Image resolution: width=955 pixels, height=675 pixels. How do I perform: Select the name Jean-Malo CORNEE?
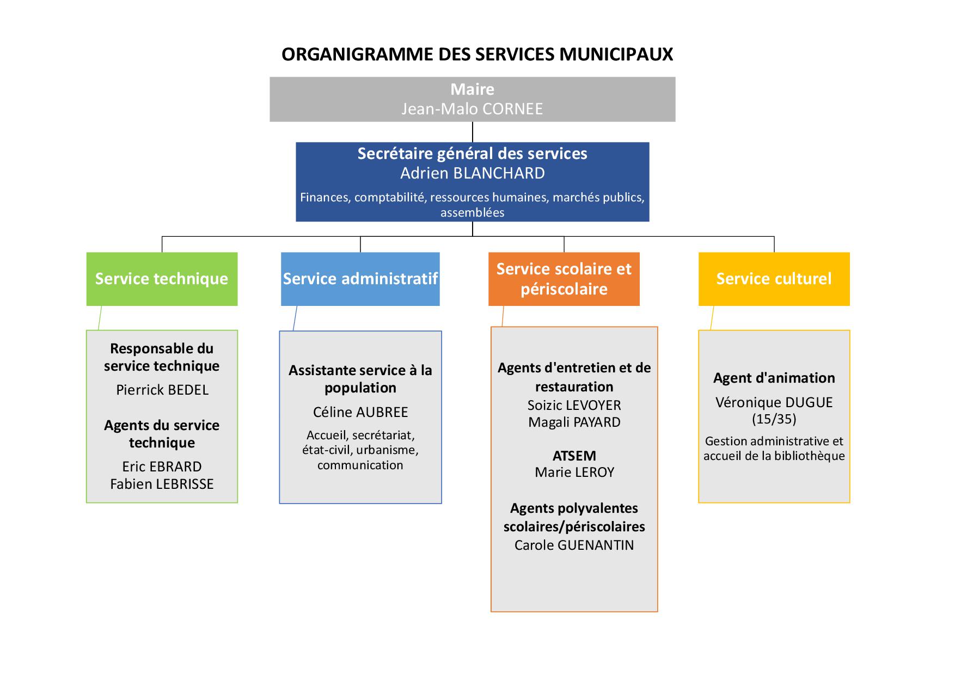click(472, 109)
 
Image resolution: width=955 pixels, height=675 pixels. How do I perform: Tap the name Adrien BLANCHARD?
click(472, 173)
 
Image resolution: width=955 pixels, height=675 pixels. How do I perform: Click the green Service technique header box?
click(162, 279)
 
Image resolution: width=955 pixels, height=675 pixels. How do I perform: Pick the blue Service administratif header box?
click(360, 279)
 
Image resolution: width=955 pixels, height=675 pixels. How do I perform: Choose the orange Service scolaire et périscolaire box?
click(564, 279)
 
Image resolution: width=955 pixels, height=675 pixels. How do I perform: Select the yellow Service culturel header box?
click(774, 279)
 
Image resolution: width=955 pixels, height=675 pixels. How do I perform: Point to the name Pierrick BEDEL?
click(162, 390)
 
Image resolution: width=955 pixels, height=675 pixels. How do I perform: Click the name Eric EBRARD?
click(162, 467)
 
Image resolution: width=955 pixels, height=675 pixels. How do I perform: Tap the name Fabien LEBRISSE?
click(162, 484)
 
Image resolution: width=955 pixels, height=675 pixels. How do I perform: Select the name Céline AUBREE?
click(360, 412)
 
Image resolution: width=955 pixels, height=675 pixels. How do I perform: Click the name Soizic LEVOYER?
click(574, 405)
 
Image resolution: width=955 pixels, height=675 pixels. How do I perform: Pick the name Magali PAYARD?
click(574, 422)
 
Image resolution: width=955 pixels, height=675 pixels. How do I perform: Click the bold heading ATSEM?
click(574, 456)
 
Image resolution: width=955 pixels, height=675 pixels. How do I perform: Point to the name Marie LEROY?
click(574, 472)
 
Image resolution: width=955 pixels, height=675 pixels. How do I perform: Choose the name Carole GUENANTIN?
click(574, 545)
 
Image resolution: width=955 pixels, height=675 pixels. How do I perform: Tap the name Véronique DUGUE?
click(774, 402)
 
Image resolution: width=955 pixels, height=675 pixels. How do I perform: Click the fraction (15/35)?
click(774, 419)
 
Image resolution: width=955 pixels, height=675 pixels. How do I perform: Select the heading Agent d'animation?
click(774, 378)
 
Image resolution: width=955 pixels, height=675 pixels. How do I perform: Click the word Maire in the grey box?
click(472, 89)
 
